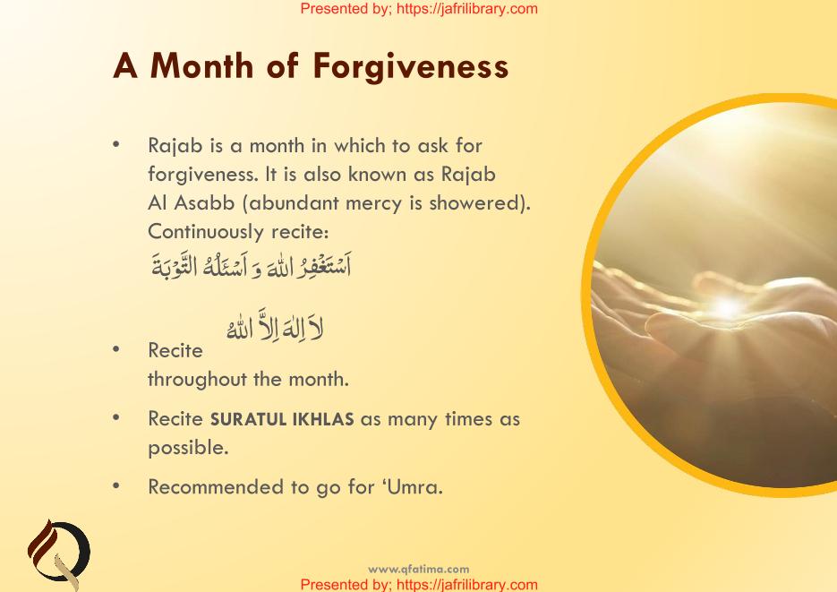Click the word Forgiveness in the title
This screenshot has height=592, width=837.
pos(411,67)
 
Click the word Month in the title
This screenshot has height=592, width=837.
pos(201,65)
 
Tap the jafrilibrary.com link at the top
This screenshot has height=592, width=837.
pos(467,9)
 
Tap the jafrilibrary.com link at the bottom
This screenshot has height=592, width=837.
pos(467,585)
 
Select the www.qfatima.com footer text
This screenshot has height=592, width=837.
pos(419,569)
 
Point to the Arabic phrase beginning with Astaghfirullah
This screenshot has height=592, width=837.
pos(252,265)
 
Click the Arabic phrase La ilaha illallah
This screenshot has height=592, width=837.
pos(275,324)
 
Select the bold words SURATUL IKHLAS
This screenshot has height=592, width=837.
pos(282,419)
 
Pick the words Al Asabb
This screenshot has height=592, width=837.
pos(191,202)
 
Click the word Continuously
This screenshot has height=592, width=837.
pos(206,232)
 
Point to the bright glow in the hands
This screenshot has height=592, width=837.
pos(727,307)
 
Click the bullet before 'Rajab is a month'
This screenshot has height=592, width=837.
pos(116,143)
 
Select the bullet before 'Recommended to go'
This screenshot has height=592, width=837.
pos(116,485)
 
